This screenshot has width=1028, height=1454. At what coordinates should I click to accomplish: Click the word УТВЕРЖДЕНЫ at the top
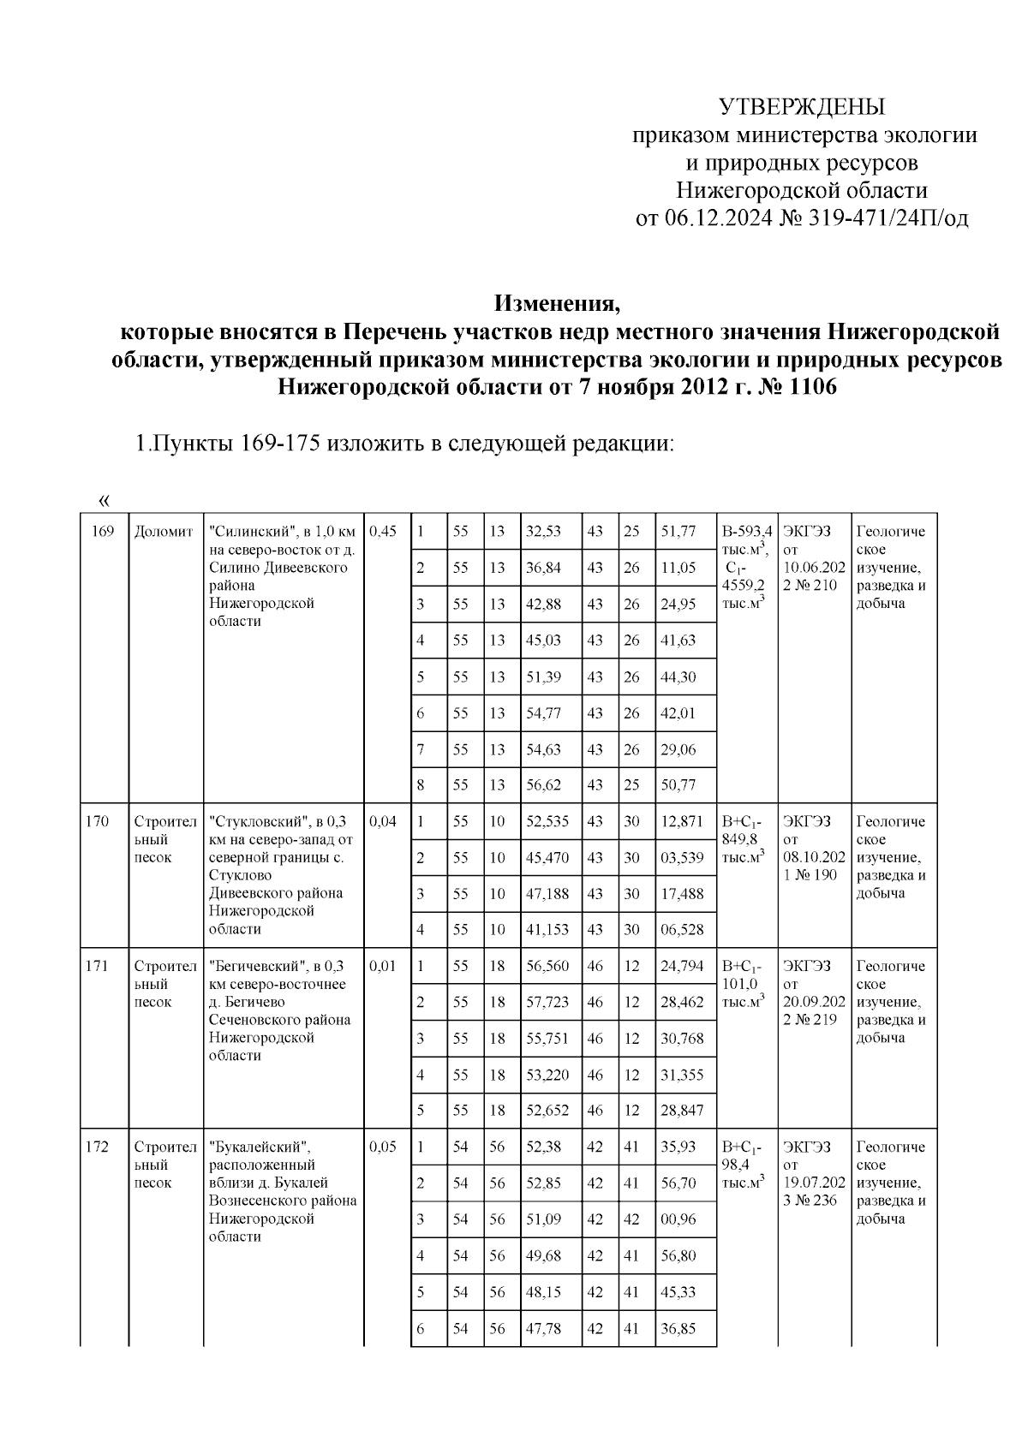[x=801, y=107]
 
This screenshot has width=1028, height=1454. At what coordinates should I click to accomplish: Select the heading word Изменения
[x=556, y=303]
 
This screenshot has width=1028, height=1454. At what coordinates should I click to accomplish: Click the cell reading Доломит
[x=164, y=531]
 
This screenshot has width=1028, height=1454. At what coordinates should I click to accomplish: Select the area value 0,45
[x=384, y=531]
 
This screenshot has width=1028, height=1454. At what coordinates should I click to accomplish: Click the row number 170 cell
[x=98, y=821]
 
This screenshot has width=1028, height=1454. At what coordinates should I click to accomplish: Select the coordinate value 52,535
[x=547, y=821]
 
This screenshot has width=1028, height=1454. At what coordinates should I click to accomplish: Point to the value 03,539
[x=682, y=857]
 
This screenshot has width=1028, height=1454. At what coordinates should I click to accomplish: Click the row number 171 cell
[x=98, y=966]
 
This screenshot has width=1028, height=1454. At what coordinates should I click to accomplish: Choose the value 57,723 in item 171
[x=547, y=1002]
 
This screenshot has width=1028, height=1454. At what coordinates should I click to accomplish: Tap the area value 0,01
[x=383, y=966]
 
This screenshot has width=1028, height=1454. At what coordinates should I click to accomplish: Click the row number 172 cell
[x=98, y=1147]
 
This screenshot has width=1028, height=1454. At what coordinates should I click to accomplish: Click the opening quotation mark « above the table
[x=105, y=499]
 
